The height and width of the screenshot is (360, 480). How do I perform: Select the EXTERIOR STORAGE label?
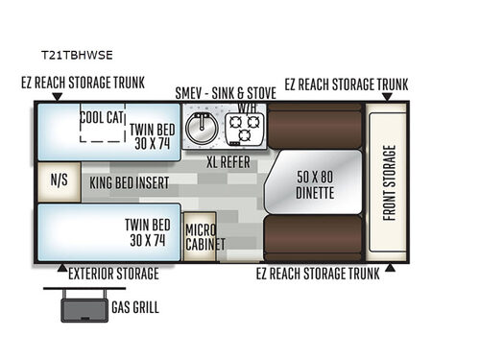[113, 274]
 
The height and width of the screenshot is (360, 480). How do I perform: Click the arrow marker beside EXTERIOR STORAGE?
[62, 265]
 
